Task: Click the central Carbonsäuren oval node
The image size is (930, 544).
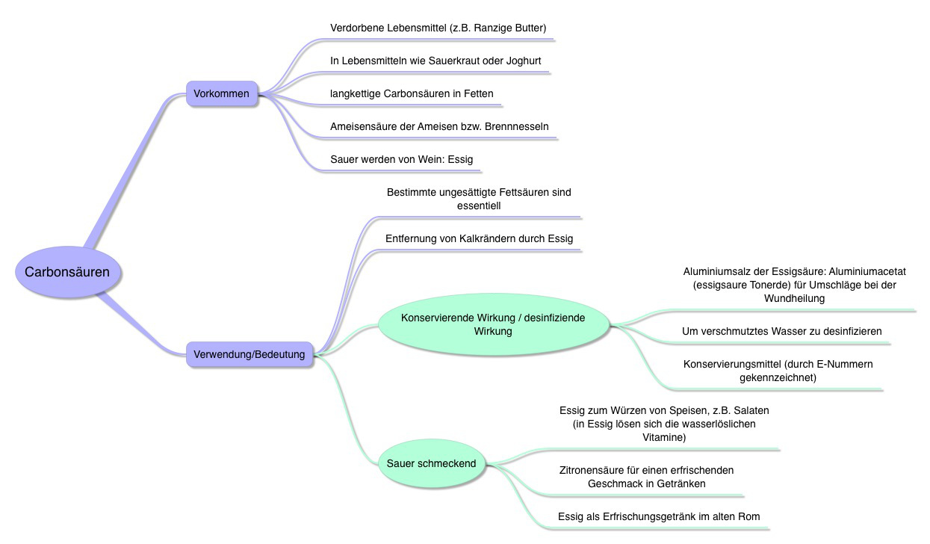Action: pyautogui.click(x=68, y=272)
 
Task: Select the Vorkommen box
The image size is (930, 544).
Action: pyautogui.click(x=222, y=93)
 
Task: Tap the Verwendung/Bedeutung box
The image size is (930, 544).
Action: pyautogui.click(x=249, y=354)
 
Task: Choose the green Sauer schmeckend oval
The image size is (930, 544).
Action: pyautogui.click(x=431, y=463)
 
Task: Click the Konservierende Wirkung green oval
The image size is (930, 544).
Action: pyautogui.click(x=493, y=324)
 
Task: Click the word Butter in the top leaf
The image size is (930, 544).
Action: pyautogui.click(x=530, y=28)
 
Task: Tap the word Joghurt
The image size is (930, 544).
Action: pyautogui.click(x=524, y=61)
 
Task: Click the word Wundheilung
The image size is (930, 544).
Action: pyautogui.click(x=794, y=298)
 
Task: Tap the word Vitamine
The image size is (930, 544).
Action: pyautogui.click(x=664, y=437)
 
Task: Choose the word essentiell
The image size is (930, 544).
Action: pyautogui.click(x=479, y=206)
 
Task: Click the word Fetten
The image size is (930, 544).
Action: pyautogui.click(x=479, y=94)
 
